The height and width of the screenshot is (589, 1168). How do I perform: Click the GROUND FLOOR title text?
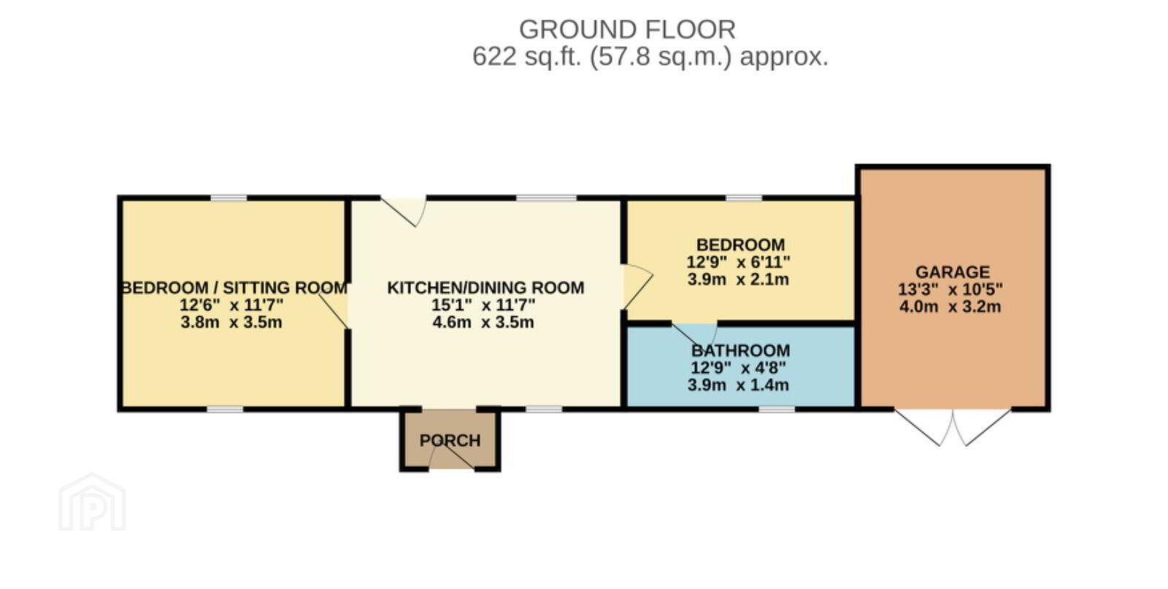627,30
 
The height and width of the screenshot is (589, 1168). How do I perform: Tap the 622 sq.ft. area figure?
526,56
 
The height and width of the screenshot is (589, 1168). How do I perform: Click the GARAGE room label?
953,272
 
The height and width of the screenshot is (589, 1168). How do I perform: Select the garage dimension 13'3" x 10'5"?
950,289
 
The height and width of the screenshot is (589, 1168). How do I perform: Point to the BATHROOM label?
740,350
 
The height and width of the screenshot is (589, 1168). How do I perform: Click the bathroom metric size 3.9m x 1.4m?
738,385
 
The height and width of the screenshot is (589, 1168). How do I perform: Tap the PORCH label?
450,440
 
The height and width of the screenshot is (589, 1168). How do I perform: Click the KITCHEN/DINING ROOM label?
485,288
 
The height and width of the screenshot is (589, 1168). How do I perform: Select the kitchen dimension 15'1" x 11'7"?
483,305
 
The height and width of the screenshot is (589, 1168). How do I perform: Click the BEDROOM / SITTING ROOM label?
234,288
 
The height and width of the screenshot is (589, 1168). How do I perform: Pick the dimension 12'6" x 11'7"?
231,305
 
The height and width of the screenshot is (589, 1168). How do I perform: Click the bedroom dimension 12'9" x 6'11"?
738,262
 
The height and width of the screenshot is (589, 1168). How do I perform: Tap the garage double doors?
953,428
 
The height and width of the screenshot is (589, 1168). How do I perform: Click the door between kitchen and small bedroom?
637,286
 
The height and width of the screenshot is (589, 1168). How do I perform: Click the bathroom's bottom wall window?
777,409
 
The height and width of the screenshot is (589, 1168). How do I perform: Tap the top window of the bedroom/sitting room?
228,198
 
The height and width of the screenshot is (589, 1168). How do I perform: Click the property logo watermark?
92,502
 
